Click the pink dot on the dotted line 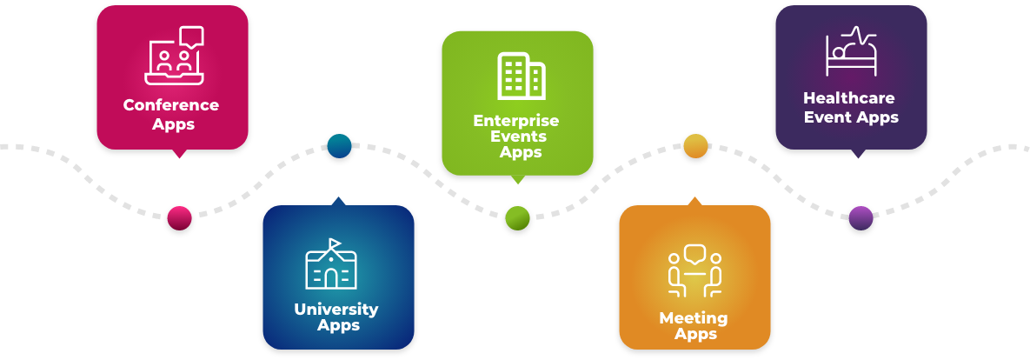[x=179, y=217]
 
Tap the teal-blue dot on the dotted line [x=339, y=145]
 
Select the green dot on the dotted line [x=517, y=217]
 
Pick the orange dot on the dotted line [x=695, y=145]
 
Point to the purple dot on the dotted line [x=861, y=217]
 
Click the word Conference [x=171, y=105]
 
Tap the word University [x=336, y=310]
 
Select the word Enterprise [x=516, y=121]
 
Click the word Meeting [x=694, y=318]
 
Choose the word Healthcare [x=849, y=98]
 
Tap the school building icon [x=331, y=268]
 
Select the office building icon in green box [x=521, y=76]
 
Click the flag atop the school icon [x=336, y=243]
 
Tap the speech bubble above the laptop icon [x=191, y=37]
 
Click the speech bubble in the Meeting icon [x=694, y=255]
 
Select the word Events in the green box [x=519, y=137]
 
